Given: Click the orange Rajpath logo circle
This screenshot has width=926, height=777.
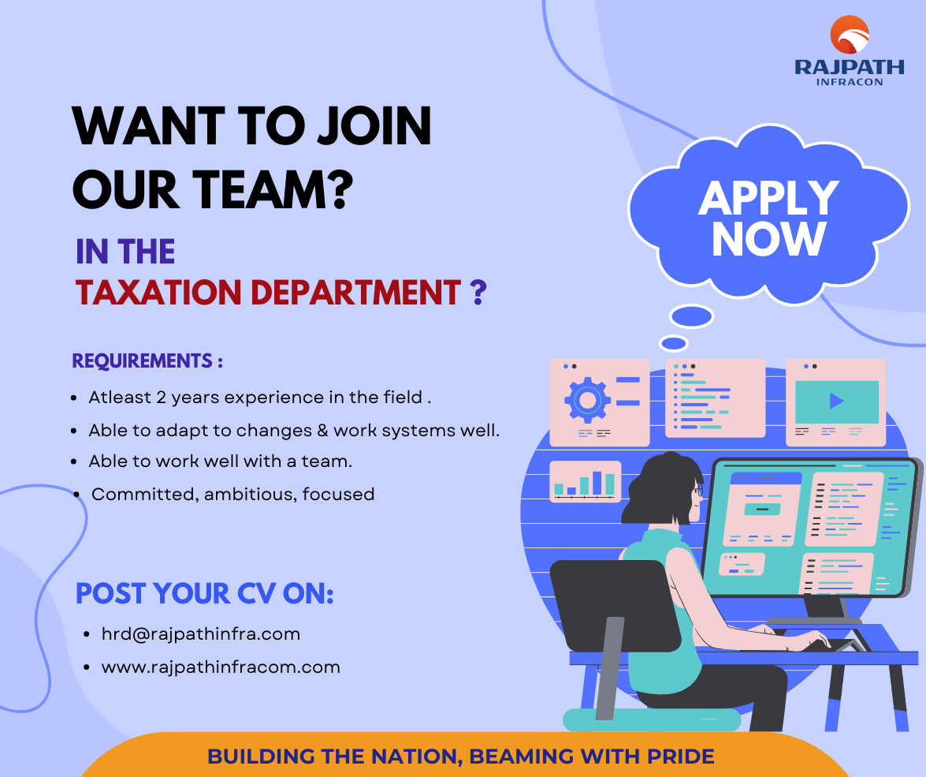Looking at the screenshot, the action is point(850,34).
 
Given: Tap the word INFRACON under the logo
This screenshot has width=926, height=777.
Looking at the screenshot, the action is point(850,81).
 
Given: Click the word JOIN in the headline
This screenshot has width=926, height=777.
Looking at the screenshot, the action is point(374,125).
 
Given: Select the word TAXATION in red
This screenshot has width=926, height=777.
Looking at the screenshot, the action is point(158,292).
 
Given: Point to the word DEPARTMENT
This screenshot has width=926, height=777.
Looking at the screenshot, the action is point(355,292).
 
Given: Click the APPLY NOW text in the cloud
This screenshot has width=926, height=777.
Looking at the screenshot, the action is point(768,219).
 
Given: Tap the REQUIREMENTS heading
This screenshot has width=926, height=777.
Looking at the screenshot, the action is point(147,360).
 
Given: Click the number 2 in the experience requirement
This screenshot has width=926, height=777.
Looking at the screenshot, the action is point(162,398).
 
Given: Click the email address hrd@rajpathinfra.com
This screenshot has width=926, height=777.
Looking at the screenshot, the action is point(201,634).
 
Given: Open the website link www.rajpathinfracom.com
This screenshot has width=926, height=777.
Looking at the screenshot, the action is point(221,667).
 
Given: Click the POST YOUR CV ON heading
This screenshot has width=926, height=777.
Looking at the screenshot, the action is point(205,594).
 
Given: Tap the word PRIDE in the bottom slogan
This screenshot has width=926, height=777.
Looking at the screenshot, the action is point(680,756).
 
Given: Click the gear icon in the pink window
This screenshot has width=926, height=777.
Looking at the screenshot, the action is point(587,400).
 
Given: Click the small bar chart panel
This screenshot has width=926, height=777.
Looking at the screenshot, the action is point(586,481).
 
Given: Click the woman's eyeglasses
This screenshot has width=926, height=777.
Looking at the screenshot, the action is point(699,490).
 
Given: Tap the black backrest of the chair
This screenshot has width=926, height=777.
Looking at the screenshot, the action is point(614,604).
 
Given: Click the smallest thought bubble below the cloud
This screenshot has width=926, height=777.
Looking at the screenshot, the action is point(674,343).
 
